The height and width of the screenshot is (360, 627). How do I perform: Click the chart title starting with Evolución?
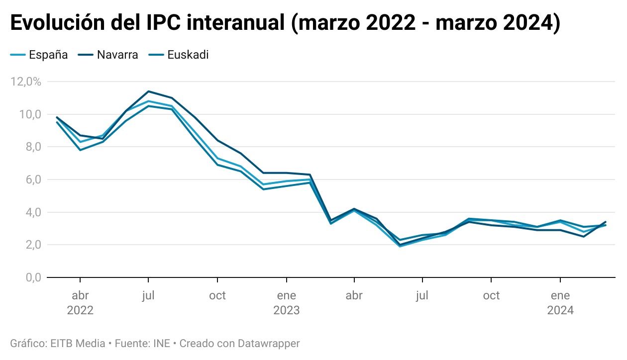click(x=285, y=24)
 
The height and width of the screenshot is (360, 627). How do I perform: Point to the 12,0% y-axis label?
click(x=25, y=82)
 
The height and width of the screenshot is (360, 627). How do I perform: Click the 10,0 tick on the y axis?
click(x=29, y=114)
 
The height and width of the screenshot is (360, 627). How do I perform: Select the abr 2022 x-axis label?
click(x=80, y=303)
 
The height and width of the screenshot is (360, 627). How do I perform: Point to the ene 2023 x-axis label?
click(x=286, y=303)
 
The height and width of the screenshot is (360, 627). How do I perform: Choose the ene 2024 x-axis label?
click(x=560, y=303)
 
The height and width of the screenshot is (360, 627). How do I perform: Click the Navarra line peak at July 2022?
click(x=148, y=91)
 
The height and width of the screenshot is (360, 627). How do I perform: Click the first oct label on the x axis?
click(x=217, y=295)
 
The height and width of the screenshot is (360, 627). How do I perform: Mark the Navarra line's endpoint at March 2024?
click(x=606, y=222)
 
